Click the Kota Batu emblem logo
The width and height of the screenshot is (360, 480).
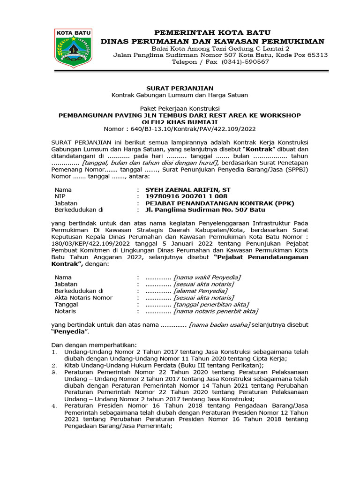[x=74, y=48]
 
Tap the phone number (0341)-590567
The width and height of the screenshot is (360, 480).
[x=245, y=62]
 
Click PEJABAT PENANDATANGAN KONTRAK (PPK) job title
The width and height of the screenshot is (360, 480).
[x=209, y=203]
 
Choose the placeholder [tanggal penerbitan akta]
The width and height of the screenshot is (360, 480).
[x=211, y=305]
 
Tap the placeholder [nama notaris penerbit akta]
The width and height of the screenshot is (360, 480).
[x=216, y=311]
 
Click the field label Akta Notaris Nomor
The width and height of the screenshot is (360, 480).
[x=83, y=298]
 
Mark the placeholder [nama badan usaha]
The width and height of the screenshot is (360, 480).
[x=219, y=325]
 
